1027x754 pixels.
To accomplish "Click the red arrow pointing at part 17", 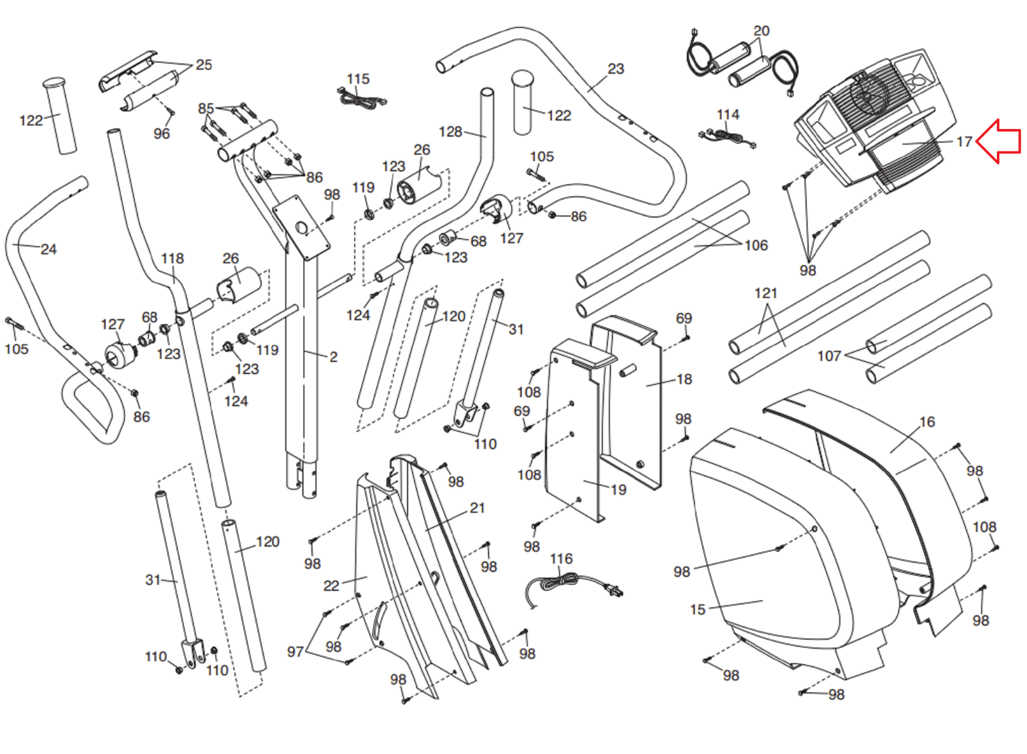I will point(999,141).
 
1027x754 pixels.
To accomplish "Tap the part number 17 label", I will point(964,142).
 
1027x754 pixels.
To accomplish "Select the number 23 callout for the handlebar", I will point(616,69).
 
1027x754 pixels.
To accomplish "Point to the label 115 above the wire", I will point(358,79).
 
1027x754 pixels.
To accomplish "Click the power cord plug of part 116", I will point(614,591).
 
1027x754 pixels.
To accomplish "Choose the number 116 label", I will point(561,559).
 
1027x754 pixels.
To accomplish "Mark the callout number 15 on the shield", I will point(698,610).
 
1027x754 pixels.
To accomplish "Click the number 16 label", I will point(927,422).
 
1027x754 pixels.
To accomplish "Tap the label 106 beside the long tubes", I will point(756,245).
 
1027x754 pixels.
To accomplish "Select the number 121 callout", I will point(766,293).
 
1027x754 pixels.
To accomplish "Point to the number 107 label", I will point(829,356).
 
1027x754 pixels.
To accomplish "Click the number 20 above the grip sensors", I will point(761,31).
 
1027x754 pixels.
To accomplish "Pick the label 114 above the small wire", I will point(728,115).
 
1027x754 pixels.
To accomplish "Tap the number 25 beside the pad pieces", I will point(203,65).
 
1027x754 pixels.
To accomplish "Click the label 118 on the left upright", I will point(172,259).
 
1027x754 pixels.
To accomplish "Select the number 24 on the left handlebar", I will point(49,249).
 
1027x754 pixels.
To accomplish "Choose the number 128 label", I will point(450,132).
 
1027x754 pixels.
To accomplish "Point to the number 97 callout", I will point(295,652).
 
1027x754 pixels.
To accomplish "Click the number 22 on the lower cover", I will point(331,585).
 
